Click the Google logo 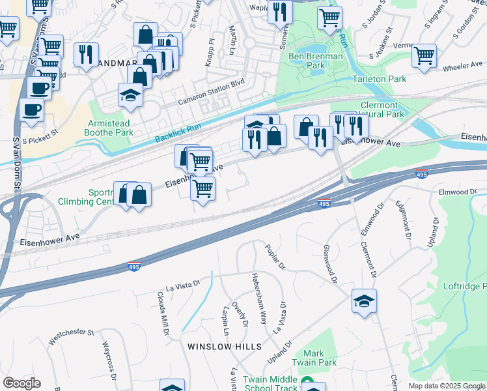point(21,383)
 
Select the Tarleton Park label point(379,79)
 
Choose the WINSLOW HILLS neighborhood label point(224,347)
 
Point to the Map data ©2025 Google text point(447,386)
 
